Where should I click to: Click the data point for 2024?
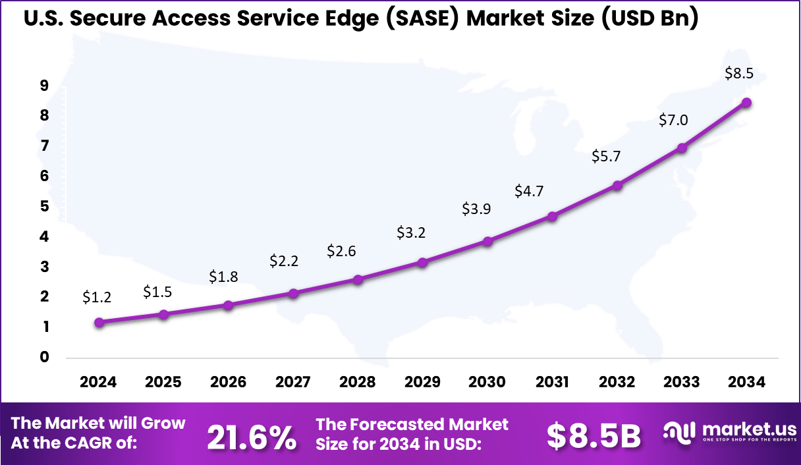click(x=99, y=323)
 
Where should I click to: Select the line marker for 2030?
click(x=487, y=241)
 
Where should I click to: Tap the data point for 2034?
click(x=747, y=102)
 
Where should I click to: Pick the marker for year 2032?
click(x=617, y=186)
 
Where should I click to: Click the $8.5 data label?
click(x=739, y=74)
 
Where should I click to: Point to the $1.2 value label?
click(x=97, y=297)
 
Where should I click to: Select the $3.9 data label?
click(x=476, y=209)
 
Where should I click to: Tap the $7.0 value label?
click(x=673, y=120)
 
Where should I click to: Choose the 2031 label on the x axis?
click(x=552, y=383)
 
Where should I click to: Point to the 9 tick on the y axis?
click(x=43, y=86)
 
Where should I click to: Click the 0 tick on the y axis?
click(x=43, y=358)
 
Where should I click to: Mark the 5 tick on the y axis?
click(x=43, y=206)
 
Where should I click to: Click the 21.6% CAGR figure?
click(x=252, y=437)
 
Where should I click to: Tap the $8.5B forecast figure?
click(x=594, y=436)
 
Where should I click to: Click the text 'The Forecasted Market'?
click(x=412, y=424)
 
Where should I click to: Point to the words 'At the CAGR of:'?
click(x=74, y=443)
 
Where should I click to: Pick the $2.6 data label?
click(x=341, y=251)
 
